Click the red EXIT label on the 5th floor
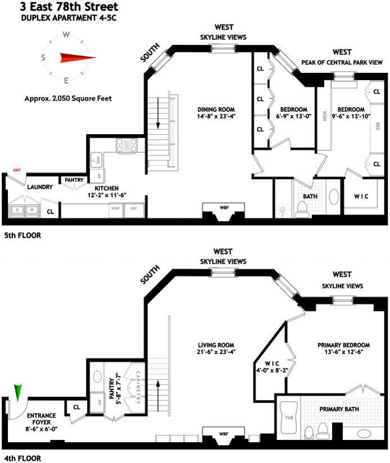point(17,169)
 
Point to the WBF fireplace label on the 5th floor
point(224,207)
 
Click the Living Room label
point(216,345)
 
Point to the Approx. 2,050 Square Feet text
point(68,98)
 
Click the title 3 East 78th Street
point(69,7)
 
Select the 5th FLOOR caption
point(22,236)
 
